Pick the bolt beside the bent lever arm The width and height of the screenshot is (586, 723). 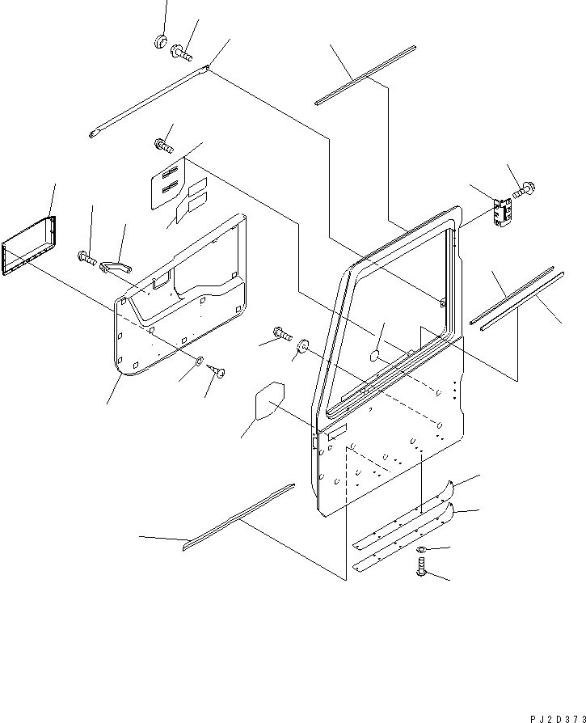point(87,259)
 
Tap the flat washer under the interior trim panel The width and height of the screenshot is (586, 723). point(199,359)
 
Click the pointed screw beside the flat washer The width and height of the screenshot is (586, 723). point(217,370)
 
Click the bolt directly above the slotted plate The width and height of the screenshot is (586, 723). point(162,146)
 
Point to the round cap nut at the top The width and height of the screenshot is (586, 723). point(160,40)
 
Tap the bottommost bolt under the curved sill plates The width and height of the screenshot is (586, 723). point(421,572)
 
